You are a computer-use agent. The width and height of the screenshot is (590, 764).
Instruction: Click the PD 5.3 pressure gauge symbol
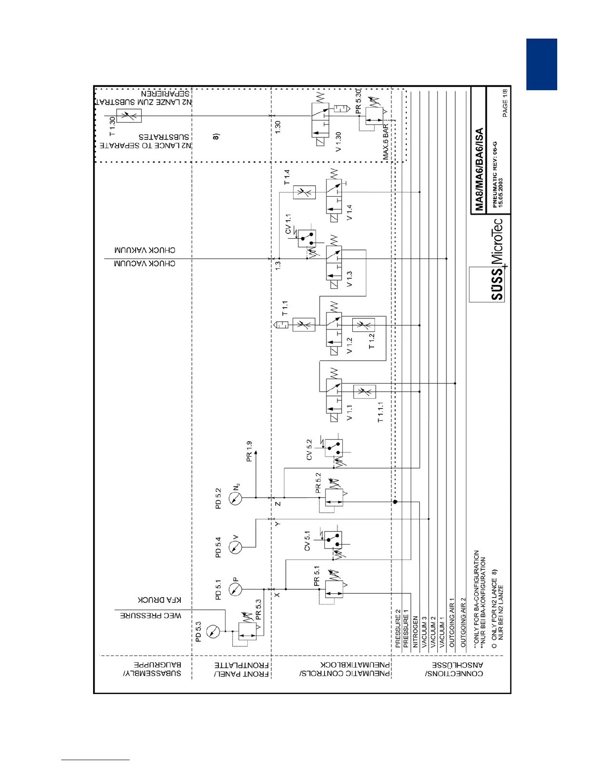tap(212, 631)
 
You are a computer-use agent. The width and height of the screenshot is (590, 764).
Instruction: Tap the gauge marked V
tap(235, 547)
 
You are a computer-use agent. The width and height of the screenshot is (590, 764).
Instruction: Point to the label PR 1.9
tap(249, 451)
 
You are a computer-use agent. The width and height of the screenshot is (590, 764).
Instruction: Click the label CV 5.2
tap(309, 449)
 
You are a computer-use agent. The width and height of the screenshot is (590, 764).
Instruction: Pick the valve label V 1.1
tap(349, 412)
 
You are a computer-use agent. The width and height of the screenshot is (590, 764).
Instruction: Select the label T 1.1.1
tap(380, 412)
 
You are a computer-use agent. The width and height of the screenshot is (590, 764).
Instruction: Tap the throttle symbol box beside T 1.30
tap(130, 116)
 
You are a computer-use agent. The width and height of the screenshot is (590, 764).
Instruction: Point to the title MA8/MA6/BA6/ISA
tap(479, 169)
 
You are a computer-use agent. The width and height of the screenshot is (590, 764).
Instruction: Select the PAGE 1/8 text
tap(505, 102)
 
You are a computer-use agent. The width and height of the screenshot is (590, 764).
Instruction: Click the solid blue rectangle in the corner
tap(541, 64)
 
